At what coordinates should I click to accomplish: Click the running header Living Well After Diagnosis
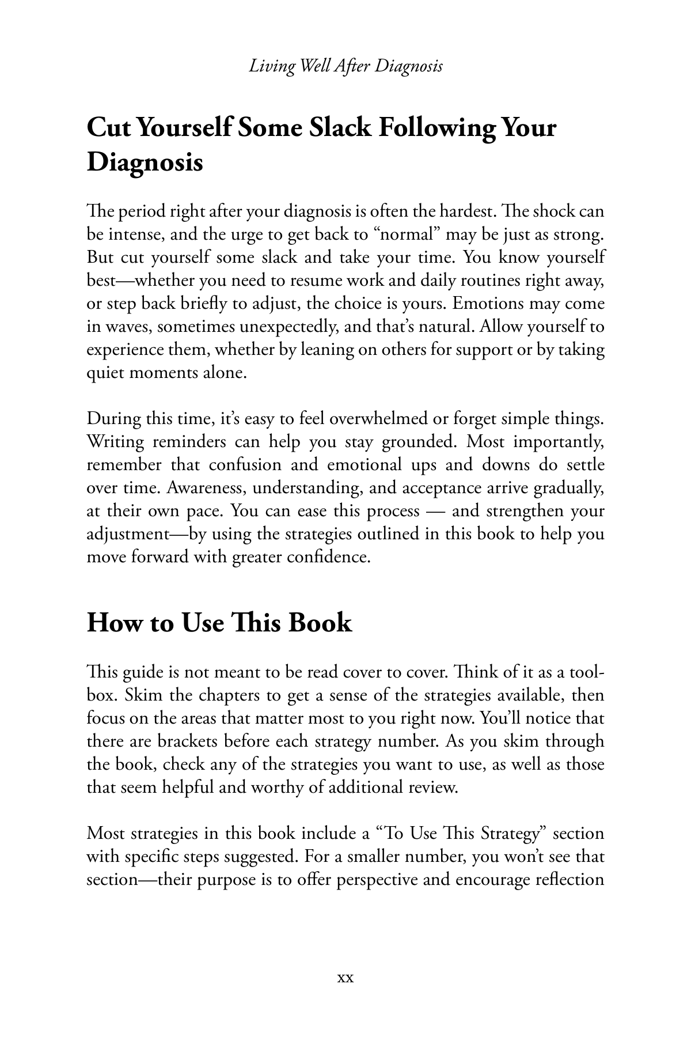[x=345, y=66]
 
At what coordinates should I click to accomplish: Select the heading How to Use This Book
[x=219, y=623]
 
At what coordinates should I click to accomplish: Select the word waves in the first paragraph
[x=125, y=327]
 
